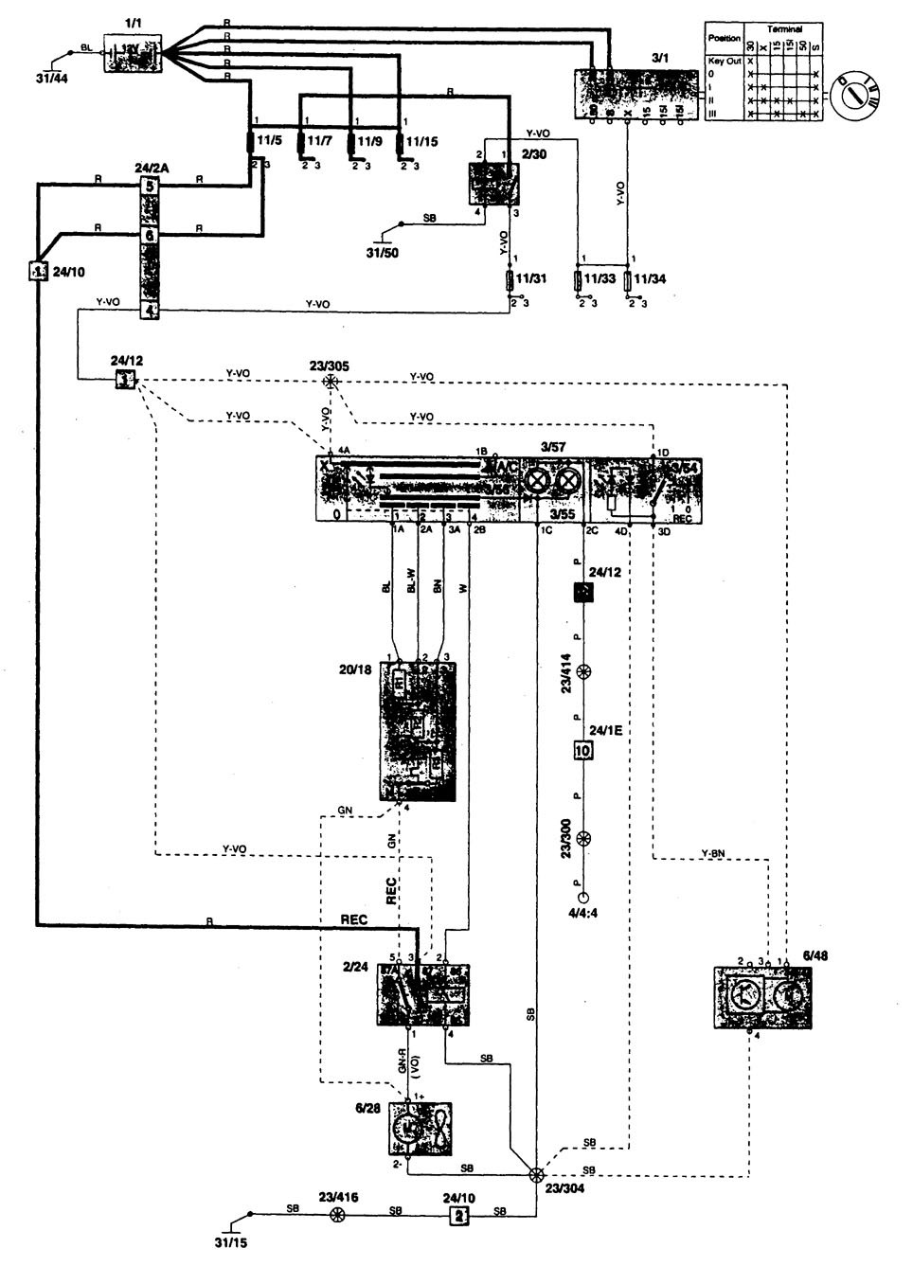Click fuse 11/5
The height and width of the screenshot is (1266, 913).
coord(253,141)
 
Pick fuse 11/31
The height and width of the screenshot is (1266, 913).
coord(513,280)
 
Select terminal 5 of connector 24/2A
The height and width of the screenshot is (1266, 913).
coord(149,186)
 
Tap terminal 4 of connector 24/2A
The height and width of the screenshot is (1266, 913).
coord(149,310)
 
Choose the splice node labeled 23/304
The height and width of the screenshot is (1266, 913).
coord(536,1175)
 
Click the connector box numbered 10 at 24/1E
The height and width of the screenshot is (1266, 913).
coord(582,751)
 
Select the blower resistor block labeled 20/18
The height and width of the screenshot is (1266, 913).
coord(418,730)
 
